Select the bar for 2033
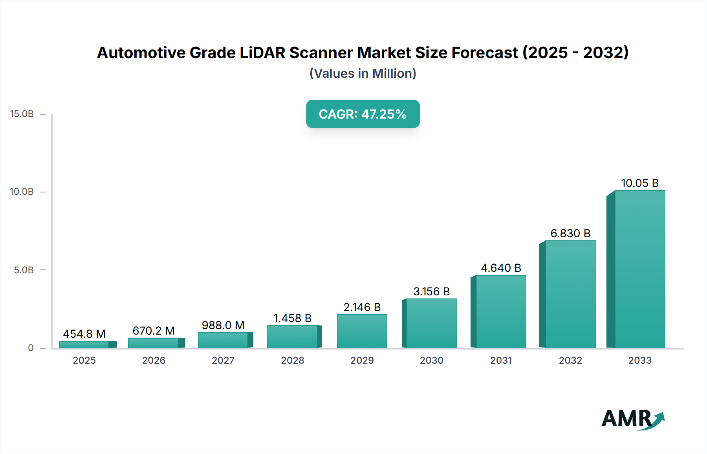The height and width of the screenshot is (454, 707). tap(639, 269)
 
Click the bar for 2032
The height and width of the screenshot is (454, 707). tap(570, 294)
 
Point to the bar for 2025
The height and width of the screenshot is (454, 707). tap(84, 344)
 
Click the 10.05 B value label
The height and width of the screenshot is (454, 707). tap(639, 183)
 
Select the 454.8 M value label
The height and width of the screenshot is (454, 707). tap(84, 334)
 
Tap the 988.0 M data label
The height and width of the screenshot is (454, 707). tap(223, 325)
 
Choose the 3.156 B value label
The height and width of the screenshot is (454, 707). tap(431, 291)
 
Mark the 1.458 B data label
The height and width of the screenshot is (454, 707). tap(292, 318)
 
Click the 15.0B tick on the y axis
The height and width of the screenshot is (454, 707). tap(22, 114)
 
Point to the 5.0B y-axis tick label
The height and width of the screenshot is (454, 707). tap(24, 270)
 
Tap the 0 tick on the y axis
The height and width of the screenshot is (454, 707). tap(31, 348)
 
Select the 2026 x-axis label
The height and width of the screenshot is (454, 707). tap(154, 361)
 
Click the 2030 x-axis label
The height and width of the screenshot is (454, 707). tap(431, 361)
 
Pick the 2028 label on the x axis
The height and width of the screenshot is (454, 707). tap(292, 361)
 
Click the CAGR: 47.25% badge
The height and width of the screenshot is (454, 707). tap(363, 114)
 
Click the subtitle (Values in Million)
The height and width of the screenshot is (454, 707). tap(363, 73)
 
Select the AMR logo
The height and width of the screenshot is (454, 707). tap(632, 419)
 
